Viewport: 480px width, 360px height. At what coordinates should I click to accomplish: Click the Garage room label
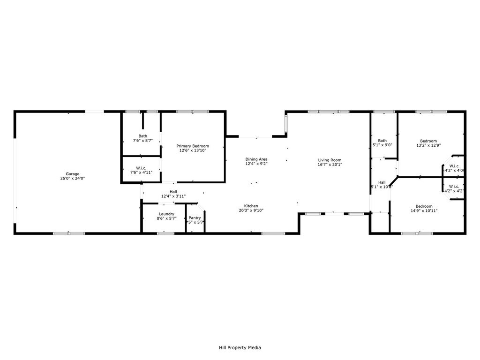pyautogui.click(x=72, y=173)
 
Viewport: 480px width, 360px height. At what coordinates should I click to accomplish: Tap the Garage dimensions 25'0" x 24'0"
pyautogui.click(x=72, y=179)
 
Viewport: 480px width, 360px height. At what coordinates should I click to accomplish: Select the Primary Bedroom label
pyautogui.click(x=193, y=146)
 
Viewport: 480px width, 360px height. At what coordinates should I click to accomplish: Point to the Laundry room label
pyautogui.click(x=166, y=214)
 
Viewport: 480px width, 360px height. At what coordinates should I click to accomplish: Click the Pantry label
pyautogui.click(x=195, y=217)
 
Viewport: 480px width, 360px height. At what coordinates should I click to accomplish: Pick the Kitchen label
pyautogui.click(x=251, y=206)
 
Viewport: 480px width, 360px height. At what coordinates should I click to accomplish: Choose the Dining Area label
pyautogui.click(x=256, y=159)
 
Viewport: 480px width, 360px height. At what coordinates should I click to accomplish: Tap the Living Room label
pyautogui.click(x=330, y=160)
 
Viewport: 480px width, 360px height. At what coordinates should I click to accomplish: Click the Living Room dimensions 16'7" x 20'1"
pyautogui.click(x=330, y=165)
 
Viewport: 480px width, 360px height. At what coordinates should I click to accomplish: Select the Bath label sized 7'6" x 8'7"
pyautogui.click(x=142, y=136)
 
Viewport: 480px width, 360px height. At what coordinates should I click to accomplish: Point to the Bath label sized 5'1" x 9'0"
pyautogui.click(x=382, y=140)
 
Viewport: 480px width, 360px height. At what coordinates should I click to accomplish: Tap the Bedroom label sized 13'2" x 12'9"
pyautogui.click(x=428, y=141)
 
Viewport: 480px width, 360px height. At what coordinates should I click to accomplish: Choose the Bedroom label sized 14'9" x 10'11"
pyautogui.click(x=424, y=206)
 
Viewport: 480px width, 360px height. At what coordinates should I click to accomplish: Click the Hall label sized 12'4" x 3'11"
pyautogui.click(x=173, y=191)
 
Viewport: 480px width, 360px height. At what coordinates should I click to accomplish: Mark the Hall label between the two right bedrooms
pyautogui.click(x=382, y=182)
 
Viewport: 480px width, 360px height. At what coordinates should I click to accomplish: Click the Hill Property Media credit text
pyautogui.click(x=240, y=348)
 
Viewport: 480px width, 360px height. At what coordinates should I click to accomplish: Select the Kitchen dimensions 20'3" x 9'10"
pyautogui.click(x=251, y=210)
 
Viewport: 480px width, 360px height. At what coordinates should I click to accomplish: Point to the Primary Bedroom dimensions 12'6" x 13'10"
pyautogui.click(x=193, y=150)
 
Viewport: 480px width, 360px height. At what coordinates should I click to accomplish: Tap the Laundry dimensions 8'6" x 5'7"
pyautogui.click(x=166, y=218)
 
